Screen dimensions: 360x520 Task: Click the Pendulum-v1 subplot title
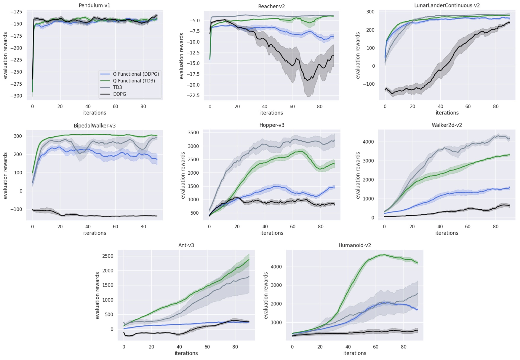click(95, 6)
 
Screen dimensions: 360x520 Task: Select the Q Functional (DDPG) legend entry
click(136, 74)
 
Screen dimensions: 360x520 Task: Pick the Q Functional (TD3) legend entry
click(134, 81)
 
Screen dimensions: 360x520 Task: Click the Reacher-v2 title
click(271, 7)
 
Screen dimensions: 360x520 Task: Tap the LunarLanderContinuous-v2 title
click(447, 6)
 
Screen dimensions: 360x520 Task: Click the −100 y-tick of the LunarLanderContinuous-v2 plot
click(369, 84)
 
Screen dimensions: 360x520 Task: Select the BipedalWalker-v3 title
click(95, 126)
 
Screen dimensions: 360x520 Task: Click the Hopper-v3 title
click(272, 125)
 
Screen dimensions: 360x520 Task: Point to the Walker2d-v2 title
click(447, 125)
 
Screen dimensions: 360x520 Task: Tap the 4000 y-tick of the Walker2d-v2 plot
click(369, 142)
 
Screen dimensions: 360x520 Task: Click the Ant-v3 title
click(186, 245)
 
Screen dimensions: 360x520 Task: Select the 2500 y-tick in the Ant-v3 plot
click(108, 256)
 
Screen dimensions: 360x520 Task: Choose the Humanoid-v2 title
click(355, 245)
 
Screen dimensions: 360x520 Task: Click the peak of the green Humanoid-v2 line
click(384, 255)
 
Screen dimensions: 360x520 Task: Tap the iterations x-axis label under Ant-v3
click(186, 353)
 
